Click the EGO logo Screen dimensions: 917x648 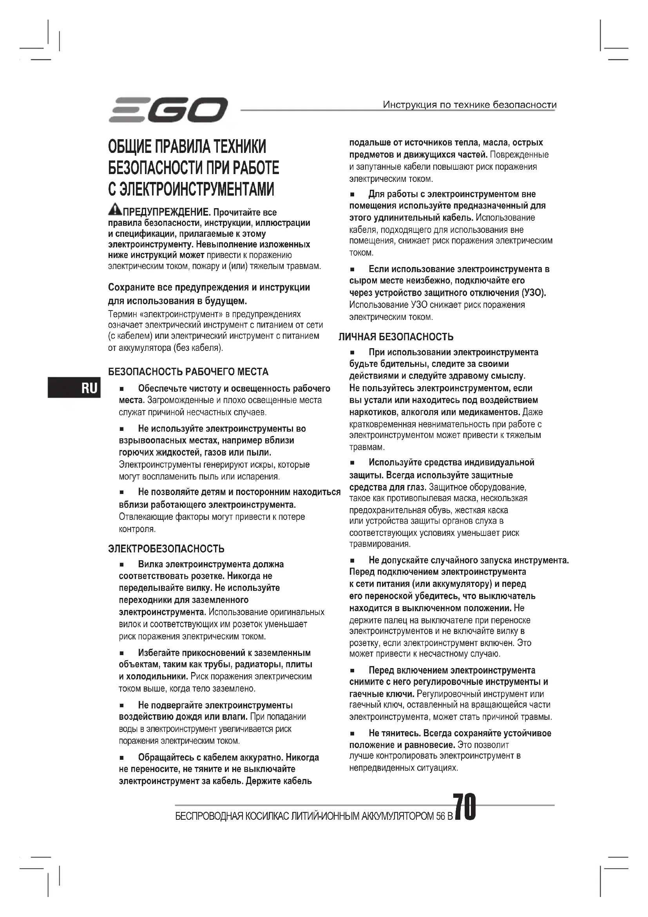[x=168, y=110]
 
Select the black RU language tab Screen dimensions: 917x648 [x=74, y=388]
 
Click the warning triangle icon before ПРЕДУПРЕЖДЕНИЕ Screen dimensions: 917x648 [x=114, y=209]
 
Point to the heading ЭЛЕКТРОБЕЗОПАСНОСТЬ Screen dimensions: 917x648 [x=166, y=549]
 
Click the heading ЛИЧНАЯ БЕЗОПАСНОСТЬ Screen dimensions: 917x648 [x=396, y=337]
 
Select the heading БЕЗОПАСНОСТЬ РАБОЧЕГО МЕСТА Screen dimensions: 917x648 [x=188, y=372]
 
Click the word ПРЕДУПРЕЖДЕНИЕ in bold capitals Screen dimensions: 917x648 [x=167, y=212]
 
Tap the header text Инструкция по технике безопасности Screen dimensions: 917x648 [x=469, y=105]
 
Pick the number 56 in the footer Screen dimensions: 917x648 [x=440, y=816]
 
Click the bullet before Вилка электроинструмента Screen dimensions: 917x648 [x=122, y=565]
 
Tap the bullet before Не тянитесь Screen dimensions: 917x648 [x=352, y=734]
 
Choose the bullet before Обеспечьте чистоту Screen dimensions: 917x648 [x=122, y=389]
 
